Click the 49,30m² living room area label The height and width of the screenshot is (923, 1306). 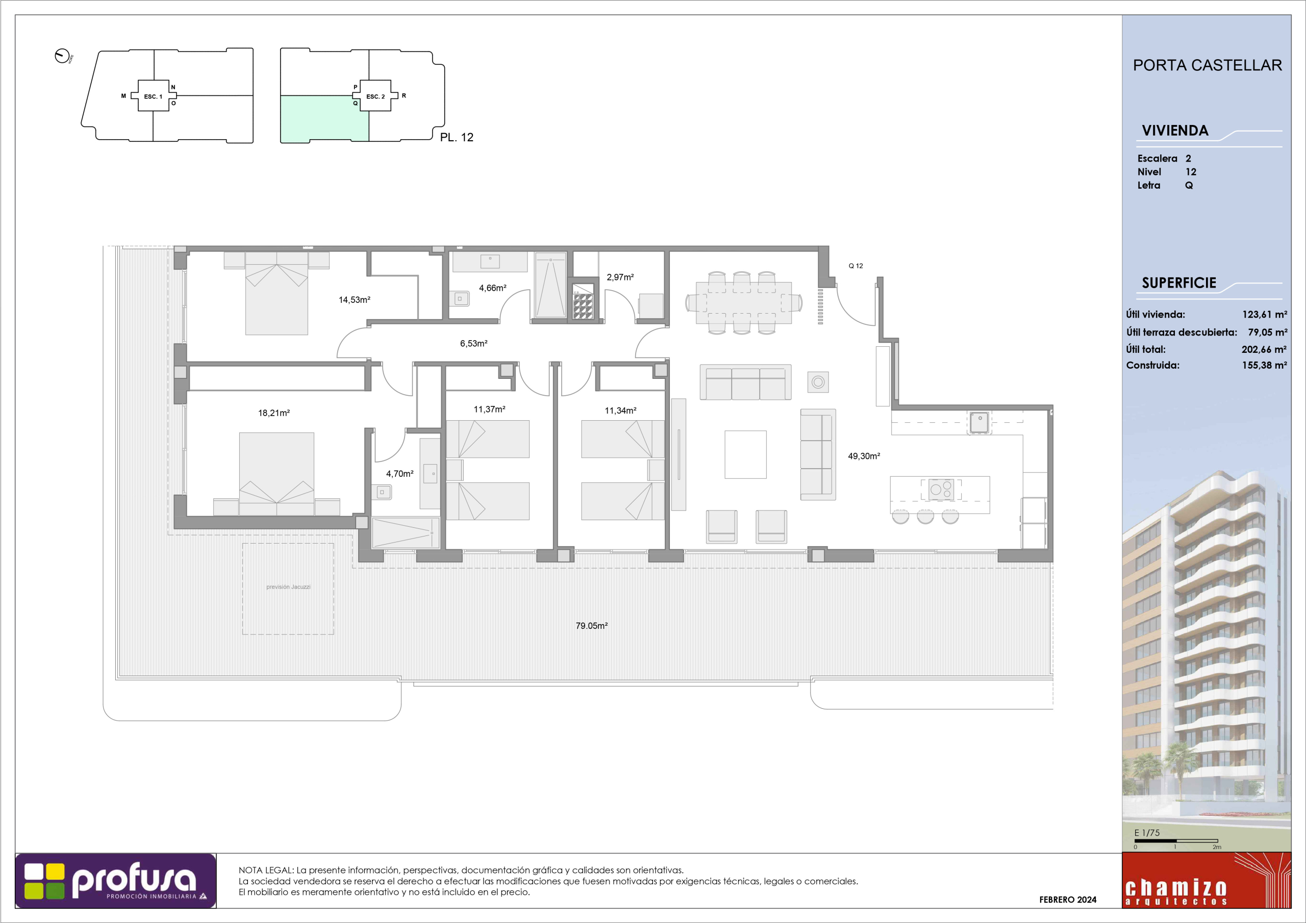point(864,456)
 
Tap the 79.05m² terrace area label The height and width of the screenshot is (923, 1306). point(592,626)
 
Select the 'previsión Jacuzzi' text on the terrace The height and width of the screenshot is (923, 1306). point(288,587)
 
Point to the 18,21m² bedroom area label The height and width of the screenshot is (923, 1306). point(274,413)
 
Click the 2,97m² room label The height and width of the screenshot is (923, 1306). point(620,277)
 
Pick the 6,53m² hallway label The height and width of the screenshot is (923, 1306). point(474,344)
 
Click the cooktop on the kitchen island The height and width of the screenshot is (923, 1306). point(941,490)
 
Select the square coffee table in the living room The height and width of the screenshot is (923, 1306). point(745,454)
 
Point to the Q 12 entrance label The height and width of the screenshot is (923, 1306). point(856,266)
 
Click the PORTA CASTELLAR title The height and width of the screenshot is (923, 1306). point(1207,65)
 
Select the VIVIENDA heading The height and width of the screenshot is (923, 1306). point(1174,131)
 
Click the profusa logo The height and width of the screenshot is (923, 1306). point(115,881)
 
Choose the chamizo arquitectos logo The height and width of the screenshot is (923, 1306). point(1207,880)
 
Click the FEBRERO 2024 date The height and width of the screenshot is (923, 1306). point(1068,900)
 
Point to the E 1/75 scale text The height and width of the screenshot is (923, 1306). point(1147,833)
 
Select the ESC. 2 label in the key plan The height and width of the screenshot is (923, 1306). point(375,97)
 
